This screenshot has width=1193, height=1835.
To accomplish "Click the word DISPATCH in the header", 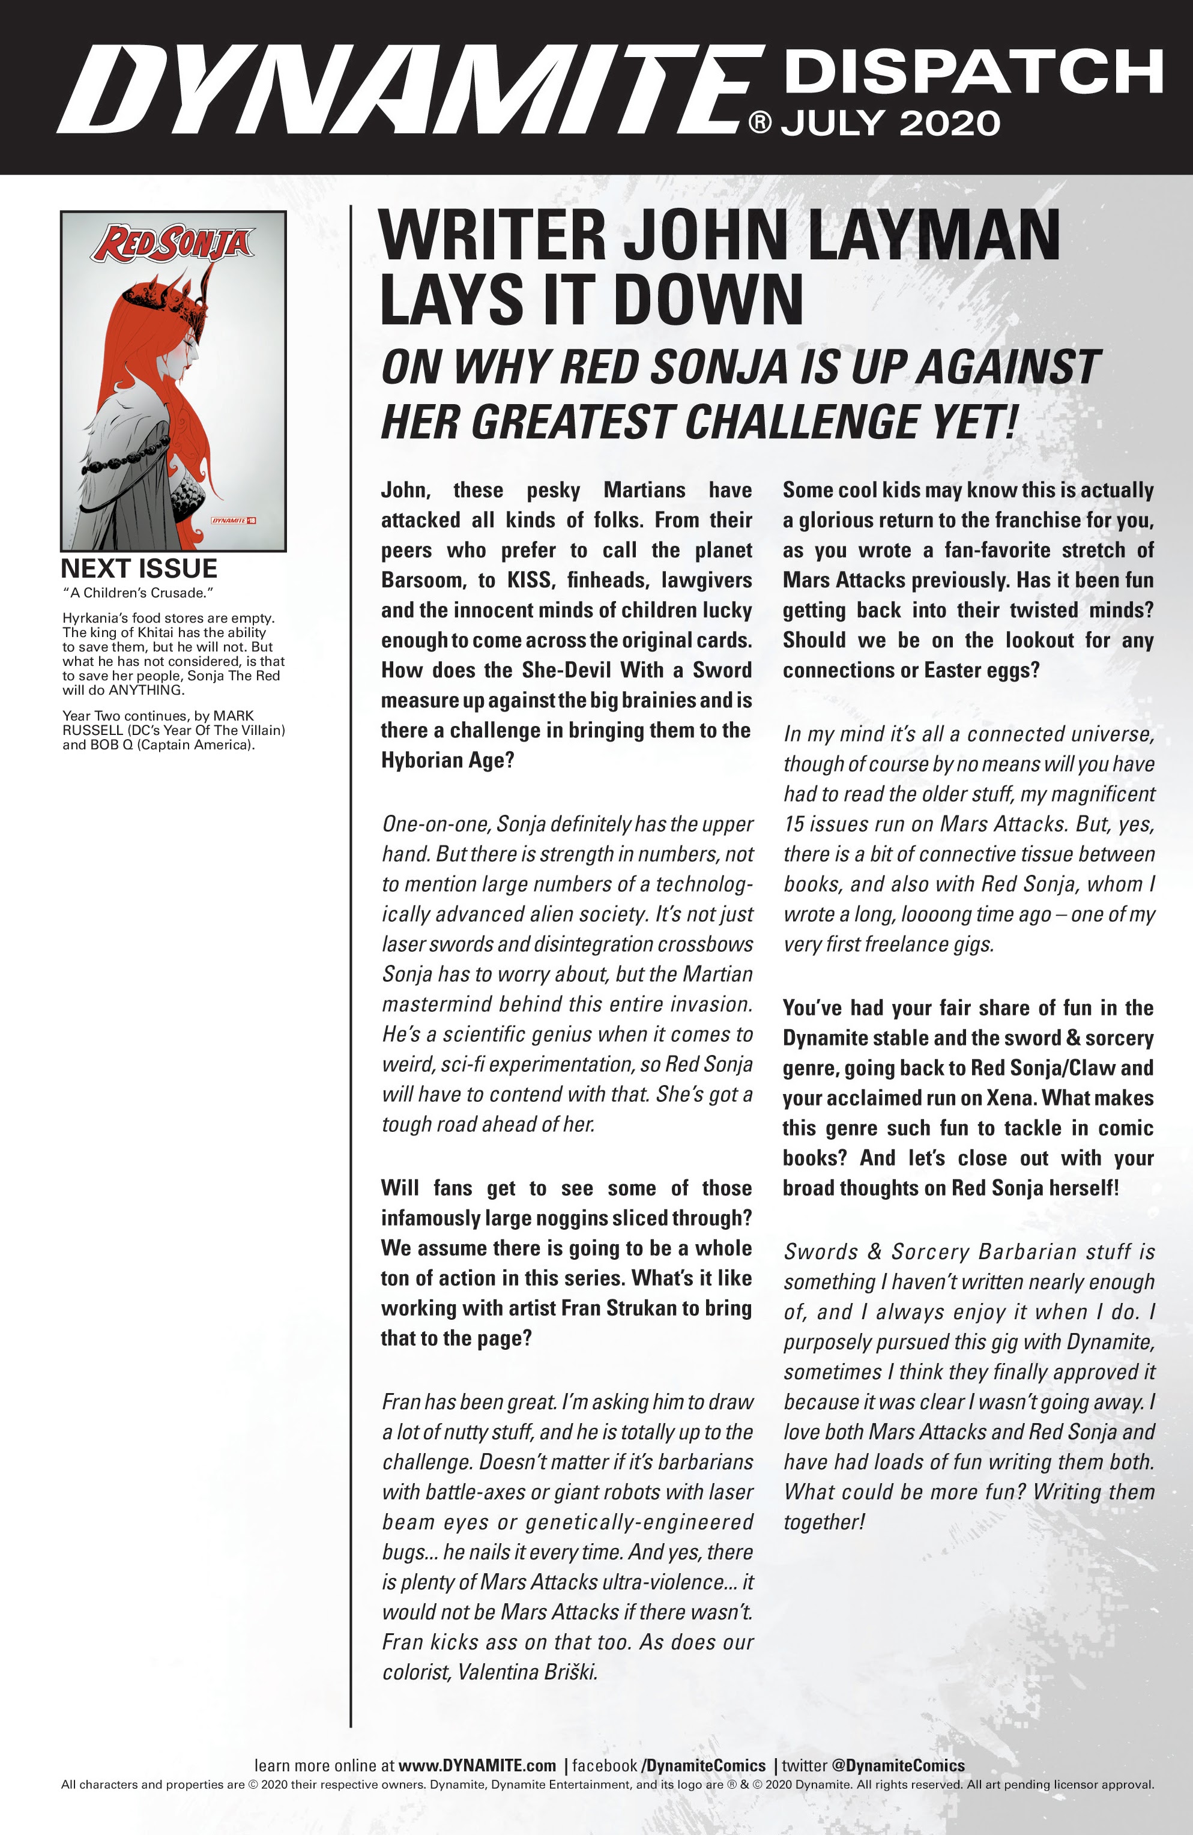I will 973,71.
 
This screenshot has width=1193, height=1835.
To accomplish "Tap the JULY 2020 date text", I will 891,123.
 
